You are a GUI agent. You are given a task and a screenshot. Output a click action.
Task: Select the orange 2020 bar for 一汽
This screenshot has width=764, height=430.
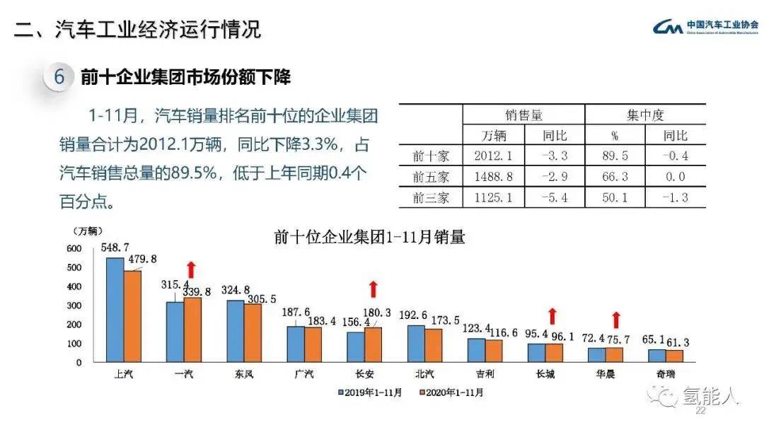[x=192, y=330]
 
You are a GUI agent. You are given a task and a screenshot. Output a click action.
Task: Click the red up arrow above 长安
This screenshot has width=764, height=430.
[x=374, y=289]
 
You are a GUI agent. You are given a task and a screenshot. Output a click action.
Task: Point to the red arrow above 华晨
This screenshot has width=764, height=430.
[x=616, y=319]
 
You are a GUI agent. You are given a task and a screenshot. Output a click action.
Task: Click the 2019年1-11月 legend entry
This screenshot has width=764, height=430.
[x=370, y=391]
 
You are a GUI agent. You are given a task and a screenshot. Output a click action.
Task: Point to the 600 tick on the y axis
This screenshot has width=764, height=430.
[x=74, y=248]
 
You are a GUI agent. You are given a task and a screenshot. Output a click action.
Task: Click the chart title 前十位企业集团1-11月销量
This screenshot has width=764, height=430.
[x=369, y=237]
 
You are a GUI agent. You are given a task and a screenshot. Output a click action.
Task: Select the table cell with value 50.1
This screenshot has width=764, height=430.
[x=614, y=197]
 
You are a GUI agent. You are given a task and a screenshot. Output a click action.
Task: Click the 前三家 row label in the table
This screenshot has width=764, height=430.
[x=431, y=197]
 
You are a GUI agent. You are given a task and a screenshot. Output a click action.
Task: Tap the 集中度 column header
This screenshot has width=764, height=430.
[x=645, y=115]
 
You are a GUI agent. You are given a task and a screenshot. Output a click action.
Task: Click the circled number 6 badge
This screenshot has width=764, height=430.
[x=59, y=76]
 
